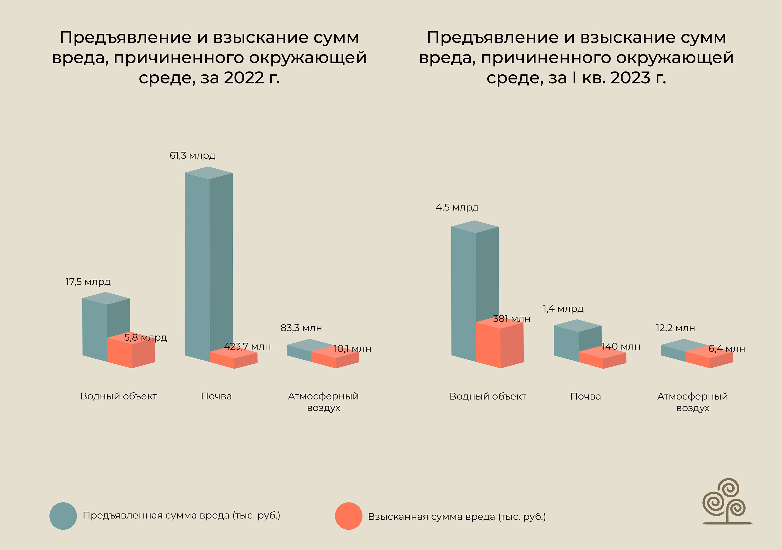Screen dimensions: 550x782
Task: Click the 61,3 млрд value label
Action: coord(192,156)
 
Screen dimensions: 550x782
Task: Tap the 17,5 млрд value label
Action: coord(88,282)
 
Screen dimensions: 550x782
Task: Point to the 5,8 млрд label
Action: coord(146,338)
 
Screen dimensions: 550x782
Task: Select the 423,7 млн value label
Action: coord(247,347)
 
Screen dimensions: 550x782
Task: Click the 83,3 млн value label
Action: coord(301,328)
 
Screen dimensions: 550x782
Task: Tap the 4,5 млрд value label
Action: coord(457,208)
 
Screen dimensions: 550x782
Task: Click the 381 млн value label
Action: coord(512,319)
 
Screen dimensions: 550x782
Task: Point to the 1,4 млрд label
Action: coord(563,309)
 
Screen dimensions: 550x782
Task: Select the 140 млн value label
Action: coord(621,347)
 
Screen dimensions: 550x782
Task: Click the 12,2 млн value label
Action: coord(675,328)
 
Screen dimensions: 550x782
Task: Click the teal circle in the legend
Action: coord(63,516)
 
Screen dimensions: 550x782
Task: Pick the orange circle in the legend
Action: coord(349,516)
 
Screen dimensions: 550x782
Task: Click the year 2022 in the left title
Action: coord(244,78)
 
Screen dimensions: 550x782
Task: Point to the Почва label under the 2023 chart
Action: coord(585,396)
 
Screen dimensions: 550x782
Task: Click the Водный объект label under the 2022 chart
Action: coord(118,396)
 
